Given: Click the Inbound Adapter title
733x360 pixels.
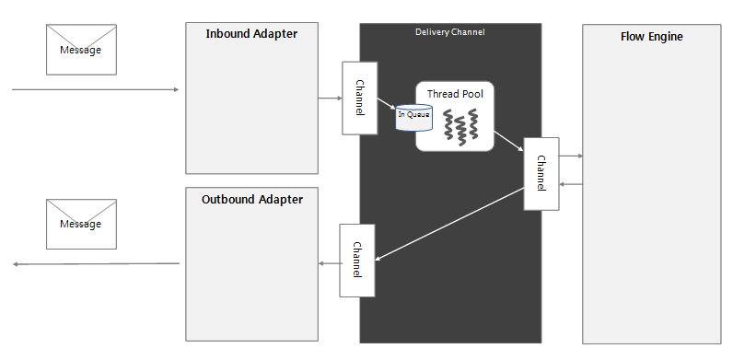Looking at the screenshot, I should pyautogui.click(x=251, y=35).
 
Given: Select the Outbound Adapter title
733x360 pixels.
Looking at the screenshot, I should pyautogui.click(x=251, y=199).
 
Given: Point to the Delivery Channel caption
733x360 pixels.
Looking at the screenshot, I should pyautogui.click(x=449, y=32).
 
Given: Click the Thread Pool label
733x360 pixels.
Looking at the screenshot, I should pyautogui.click(x=455, y=94).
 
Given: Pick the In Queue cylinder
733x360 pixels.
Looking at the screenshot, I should pyautogui.click(x=413, y=117).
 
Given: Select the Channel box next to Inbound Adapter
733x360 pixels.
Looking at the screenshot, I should pyautogui.click(x=359, y=98).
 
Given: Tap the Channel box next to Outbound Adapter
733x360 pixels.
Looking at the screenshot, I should pyautogui.click(x=356, y=260).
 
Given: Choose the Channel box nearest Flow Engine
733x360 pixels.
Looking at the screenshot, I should pyautogui.click(x=541, y=173).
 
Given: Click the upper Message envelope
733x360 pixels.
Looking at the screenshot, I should pyautogui.click(x=82, y=49).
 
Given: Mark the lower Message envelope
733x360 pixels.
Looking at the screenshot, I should pyautogui.click(x=82, y=224).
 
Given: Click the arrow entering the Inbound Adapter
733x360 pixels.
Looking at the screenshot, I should pyautogui.click(x=96, y=90).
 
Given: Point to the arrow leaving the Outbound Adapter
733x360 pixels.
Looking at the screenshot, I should pyautogui.click(x=96, y=265).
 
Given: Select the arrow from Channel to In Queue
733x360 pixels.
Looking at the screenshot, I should pyautogui.click(x=387, y=104).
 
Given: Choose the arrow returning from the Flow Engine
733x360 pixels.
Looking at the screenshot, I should pyautogui.click(x=571, y=184).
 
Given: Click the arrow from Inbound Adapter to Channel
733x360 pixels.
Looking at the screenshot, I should pyautogui.click(x=329, y=98).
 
